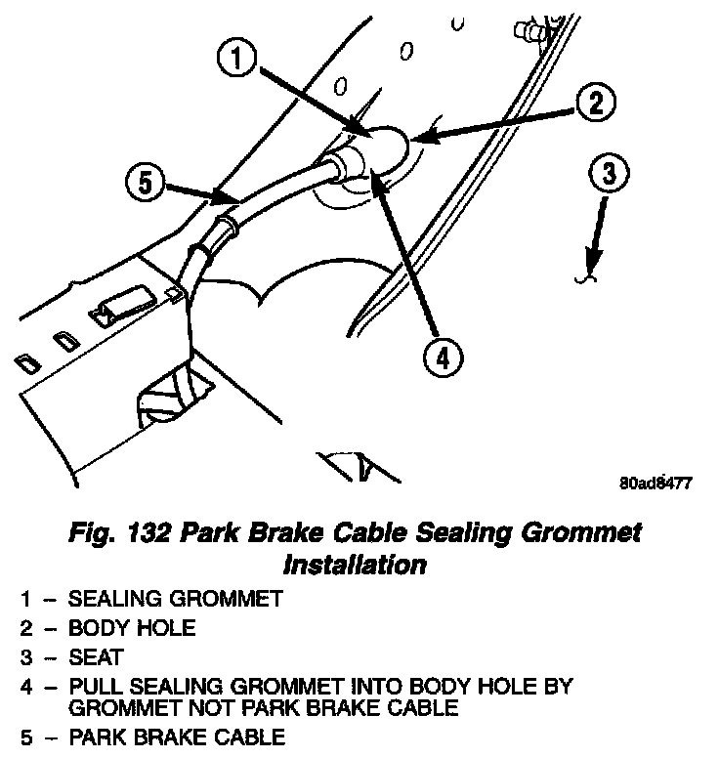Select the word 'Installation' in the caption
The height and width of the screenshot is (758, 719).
354,565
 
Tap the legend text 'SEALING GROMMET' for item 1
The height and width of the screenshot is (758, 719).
175,599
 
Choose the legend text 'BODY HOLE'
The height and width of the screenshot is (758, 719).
131,628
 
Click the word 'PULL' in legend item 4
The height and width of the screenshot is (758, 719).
93,687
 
